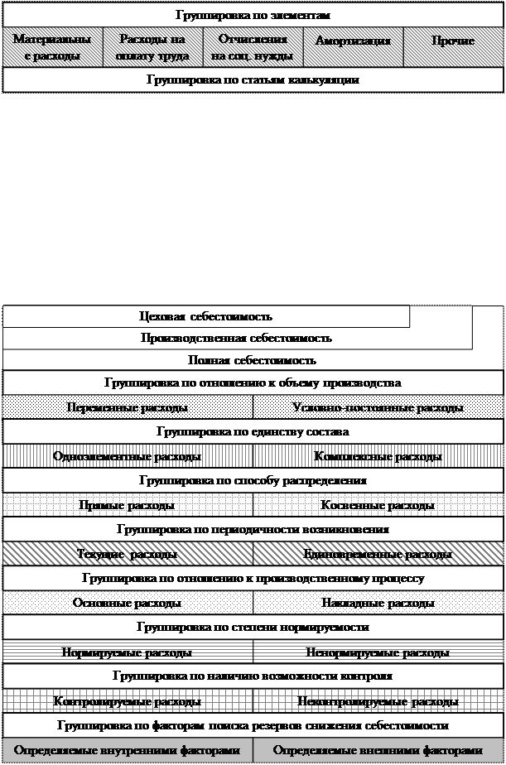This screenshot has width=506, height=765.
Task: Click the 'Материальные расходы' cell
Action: click(53, 48)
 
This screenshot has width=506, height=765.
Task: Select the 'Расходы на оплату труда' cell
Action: click(153, 48)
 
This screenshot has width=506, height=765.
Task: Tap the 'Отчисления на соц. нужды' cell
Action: click(253, 48)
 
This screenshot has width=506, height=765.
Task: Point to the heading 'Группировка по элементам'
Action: click(253, 15)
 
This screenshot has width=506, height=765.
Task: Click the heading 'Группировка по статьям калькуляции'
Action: click(253, 80)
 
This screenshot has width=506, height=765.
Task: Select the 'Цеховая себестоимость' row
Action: click(206, 317)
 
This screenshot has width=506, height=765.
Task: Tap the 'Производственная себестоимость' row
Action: click(237, 339)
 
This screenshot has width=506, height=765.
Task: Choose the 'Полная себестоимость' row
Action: click(253, 361)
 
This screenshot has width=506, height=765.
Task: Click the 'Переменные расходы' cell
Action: click(128, 408)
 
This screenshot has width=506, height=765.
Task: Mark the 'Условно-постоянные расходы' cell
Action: click(378, 408)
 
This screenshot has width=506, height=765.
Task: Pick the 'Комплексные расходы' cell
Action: click(378, 457)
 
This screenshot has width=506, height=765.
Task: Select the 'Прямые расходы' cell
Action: click(128, 506)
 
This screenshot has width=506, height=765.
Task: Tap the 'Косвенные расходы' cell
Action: click(378, 506)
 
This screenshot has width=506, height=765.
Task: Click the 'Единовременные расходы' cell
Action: click(378, 555)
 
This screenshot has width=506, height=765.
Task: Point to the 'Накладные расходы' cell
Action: click(378, 604)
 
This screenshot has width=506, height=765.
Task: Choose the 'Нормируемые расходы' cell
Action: click(128, 653)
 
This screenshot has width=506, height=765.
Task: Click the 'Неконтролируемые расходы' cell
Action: click(378, 702)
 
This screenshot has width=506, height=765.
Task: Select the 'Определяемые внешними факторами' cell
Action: click(378, 751)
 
